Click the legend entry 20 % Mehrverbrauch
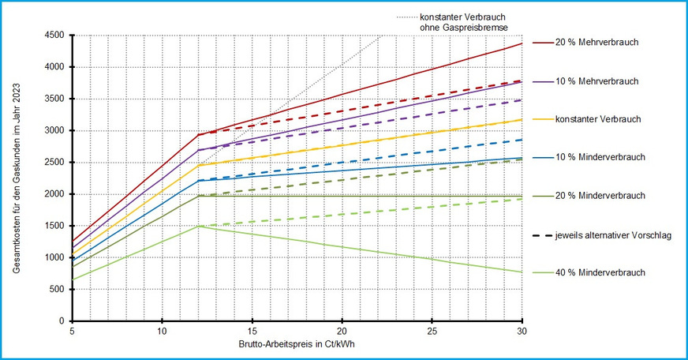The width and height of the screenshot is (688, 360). coord(596,43)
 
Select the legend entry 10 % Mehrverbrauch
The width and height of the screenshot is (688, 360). coord(596,81)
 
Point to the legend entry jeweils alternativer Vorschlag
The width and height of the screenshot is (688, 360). coord(613,234)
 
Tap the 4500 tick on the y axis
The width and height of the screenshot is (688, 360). coord(54,35)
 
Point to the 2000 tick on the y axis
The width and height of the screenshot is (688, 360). coord(54,194)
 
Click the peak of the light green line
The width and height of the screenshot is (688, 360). coord(198,226)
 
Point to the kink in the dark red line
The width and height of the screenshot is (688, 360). coord(198,134)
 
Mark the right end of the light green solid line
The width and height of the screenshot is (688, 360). coord(522,272)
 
